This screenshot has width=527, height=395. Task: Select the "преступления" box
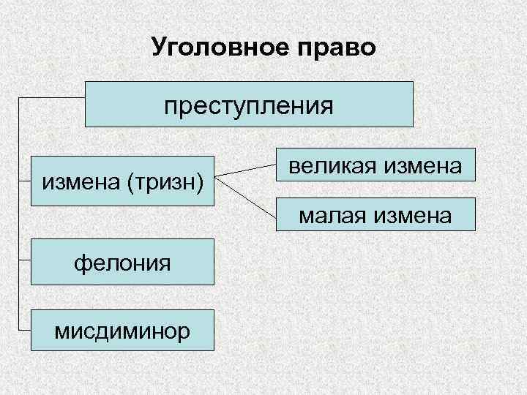click(x=249, y=105)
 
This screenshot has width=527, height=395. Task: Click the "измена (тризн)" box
click(x=122, y=179)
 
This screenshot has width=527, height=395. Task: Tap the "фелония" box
click(x=122, y=261)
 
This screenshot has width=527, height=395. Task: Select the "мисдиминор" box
click(x=122, y=331)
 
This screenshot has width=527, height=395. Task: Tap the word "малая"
click(x=333, y=217)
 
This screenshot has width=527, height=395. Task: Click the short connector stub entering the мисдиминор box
click(x=24, y=331)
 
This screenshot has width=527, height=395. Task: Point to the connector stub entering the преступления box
click(x=51, y=97)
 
